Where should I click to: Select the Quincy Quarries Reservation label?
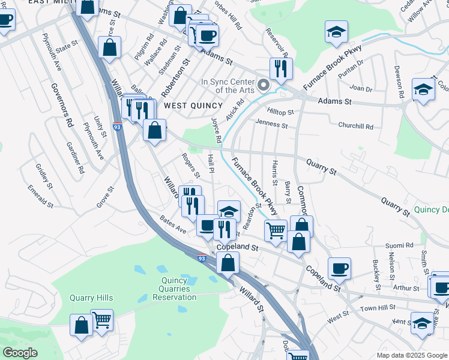click(175, 289)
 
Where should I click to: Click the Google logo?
click(20, 353)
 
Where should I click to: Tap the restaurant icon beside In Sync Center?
click(280, 68)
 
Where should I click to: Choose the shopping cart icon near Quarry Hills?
click(101, 320)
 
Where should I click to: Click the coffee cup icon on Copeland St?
click(340, 268)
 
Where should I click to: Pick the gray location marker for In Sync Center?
click(264, 85)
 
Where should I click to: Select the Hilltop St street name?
click(280, 112)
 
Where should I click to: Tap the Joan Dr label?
click(361, 88)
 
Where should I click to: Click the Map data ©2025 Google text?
click(411, 355)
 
